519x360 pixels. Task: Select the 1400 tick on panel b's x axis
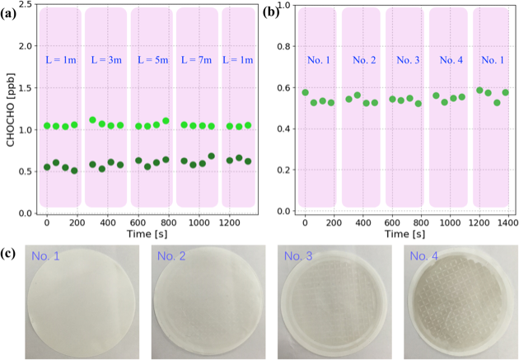click(x=507, y=222)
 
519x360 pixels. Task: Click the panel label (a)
click(x=12, y=11)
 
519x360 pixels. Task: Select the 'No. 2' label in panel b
click(x=363, y=60)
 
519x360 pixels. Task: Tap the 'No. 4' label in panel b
click(x=451, y=60)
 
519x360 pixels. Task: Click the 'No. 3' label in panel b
click(x=408, y=60)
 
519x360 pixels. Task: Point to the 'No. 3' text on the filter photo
click(x=297, y=258)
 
